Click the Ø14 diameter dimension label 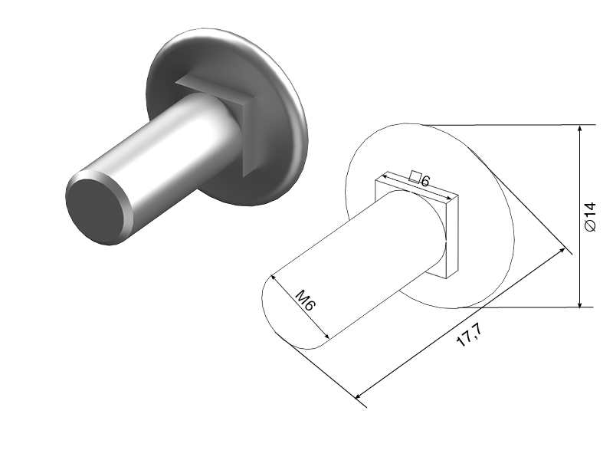pos(590,217)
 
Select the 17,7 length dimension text pos(469,335)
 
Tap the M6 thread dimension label pos(305,300)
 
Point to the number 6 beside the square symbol pos(425,181)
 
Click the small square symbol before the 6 pos(415,177)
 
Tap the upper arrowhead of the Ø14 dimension pos(580,129)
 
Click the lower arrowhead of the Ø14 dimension pos(580,303)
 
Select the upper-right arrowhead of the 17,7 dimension pos(562,251)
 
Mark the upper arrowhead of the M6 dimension pos(274,278)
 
